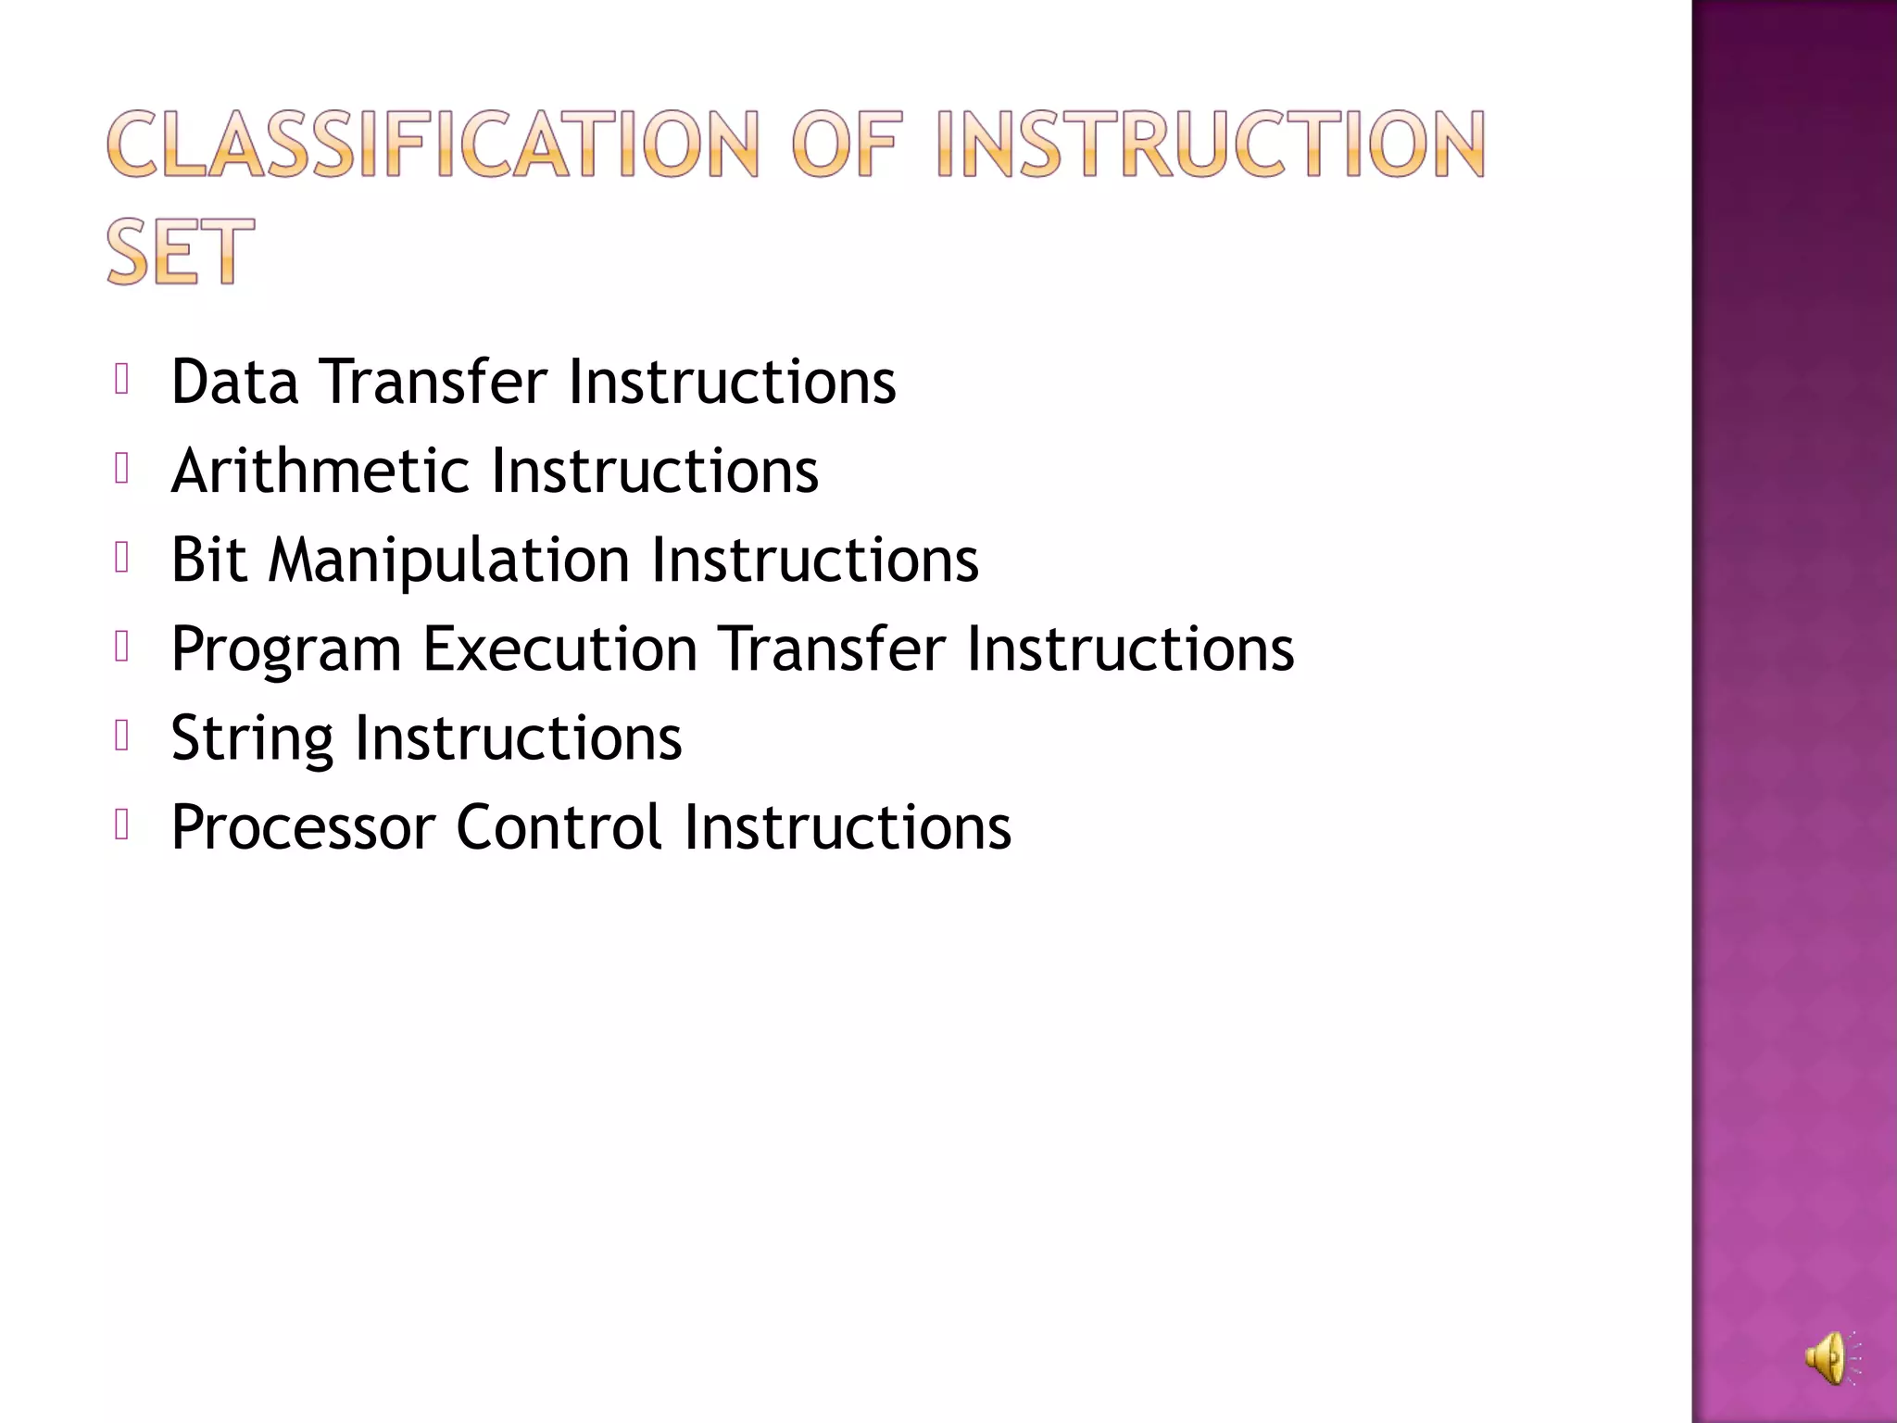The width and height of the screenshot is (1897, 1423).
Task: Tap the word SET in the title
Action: [180, 252]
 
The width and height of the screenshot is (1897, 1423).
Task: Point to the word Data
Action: [234, 382]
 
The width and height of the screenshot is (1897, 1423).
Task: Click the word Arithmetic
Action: [320, 471]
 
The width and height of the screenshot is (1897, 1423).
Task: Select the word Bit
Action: [209, 560]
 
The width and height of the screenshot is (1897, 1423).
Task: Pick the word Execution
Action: [560, 649]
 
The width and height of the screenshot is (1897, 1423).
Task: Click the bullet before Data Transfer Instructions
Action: [121, 379]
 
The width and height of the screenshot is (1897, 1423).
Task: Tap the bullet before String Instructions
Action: [121, 736]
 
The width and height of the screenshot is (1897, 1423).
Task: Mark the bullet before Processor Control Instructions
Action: [121, 825]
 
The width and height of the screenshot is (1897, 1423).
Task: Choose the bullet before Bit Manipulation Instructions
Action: [121, 558]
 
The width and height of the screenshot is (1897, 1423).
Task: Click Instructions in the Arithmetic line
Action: [655, 471]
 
